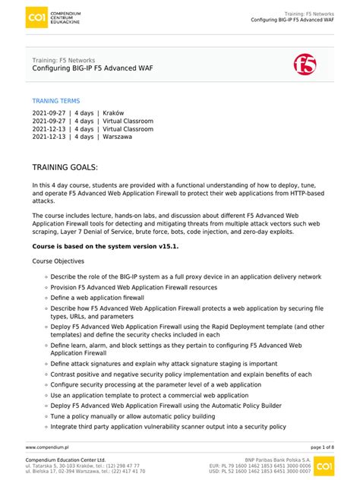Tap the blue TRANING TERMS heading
click(x=55, y=101)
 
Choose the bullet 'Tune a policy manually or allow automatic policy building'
click(x=132, y=416)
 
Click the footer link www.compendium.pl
click(x=47, y=448)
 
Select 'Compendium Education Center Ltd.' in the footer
click(x=65, y=460)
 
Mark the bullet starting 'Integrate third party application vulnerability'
click(x=168, y=427)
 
